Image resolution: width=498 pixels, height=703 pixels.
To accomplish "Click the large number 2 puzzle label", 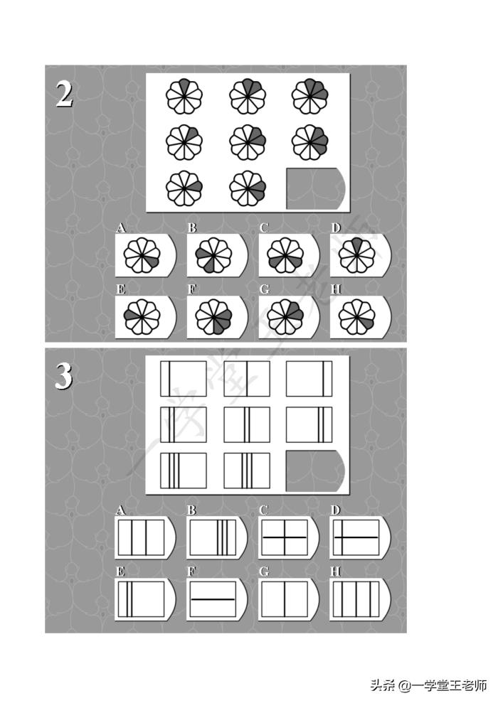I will click(64, 95).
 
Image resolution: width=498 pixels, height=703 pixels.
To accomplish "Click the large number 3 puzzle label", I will click(64, 376).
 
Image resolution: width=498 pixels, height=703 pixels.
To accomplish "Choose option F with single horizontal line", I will click(213, 599).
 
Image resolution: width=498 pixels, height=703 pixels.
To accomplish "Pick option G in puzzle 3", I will click(285, 599).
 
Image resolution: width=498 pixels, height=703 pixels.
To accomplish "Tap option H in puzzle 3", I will click(357, 599).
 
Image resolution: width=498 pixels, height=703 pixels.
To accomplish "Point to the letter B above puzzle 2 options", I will click(192, 228).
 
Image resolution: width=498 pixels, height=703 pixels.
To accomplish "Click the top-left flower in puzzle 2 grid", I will click(184, 97).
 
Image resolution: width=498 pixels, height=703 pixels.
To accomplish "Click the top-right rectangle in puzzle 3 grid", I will click(309, 378).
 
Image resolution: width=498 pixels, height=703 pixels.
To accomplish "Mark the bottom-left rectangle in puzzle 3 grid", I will click(184, 471).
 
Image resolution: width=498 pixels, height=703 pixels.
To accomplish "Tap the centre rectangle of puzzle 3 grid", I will click(247, 424).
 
